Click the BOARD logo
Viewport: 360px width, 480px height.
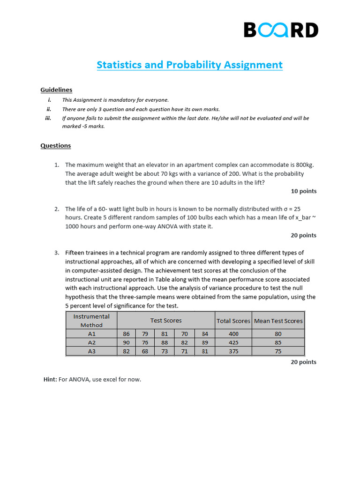tap(281, 30)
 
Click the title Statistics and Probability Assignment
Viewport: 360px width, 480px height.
tap(189, 65)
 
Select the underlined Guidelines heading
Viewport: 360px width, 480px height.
tap(56, 90)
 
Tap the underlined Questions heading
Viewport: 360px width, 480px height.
tap(55, 145)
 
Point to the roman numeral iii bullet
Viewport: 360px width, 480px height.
tap(48, 118)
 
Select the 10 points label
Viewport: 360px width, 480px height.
tap(303, 191)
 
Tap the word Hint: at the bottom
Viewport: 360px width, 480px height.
tap(50, 379)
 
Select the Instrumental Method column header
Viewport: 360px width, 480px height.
tap(91, 321)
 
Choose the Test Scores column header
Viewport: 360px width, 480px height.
tap(166, 321)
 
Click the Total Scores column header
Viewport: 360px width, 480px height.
tap(233, 321)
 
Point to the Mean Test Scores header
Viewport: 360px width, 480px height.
tap(278, 321)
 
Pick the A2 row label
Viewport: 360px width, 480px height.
tap(91, 343)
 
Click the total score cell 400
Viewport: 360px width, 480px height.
tap(233, 334)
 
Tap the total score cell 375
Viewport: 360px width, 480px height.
tap(233, 351)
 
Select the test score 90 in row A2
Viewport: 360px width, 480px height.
tap(126, 343)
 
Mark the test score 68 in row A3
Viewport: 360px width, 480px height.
tap(145, 351)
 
